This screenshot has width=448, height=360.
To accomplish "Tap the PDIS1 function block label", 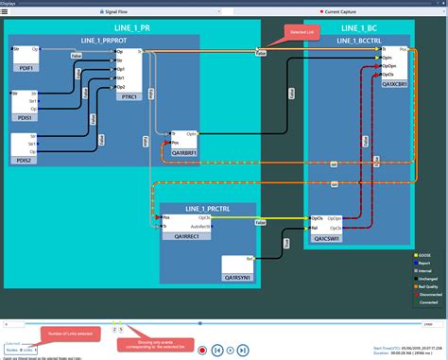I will point(24,118).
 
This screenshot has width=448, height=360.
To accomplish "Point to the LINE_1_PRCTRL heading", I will point(207,208).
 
